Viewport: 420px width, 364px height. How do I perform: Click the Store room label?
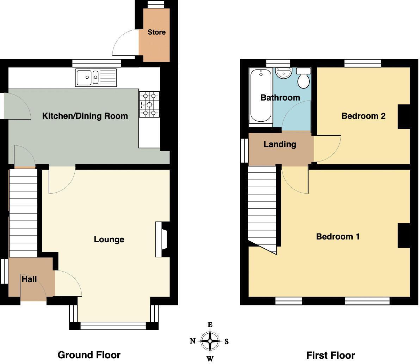pyautogui.click(x=156, y=32)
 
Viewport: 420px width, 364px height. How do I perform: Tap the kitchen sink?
pyautogui.click(x=96, y=78)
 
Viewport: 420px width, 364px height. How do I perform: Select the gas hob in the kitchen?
pyautogui.click(x=149, y=104)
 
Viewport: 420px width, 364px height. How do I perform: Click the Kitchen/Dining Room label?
pyautogui.click(x=85, y=116)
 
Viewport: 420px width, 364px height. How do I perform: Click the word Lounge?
pyautogui.click(x=109, y=239)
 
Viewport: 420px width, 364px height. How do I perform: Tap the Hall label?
pyautogui.click(x=29, y=279)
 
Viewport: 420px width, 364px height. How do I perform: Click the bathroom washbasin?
pyautogui.click(x=284, y=73)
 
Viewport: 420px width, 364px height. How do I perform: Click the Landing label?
pyautogui.click(x=280, y=144)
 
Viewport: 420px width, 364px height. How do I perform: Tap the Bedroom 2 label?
pyautogui.click(x=363, y=116)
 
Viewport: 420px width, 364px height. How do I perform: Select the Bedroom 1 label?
pyautogui.click(x=338, y=236)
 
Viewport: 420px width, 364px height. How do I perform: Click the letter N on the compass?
pyautogui.click(x=193, y=341)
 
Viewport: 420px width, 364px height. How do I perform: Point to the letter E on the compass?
pyautogui.click(x=210, y=325)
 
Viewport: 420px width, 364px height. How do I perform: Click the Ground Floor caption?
pyautogui.click(x=89, y=355)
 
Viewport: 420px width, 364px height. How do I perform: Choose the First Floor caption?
pyautogui.click(x=331, y=355)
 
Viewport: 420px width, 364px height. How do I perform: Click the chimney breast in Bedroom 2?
pyautogui.click(x=404, y=116)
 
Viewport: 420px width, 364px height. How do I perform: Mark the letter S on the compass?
pyautogui.click(x=227, y=341)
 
